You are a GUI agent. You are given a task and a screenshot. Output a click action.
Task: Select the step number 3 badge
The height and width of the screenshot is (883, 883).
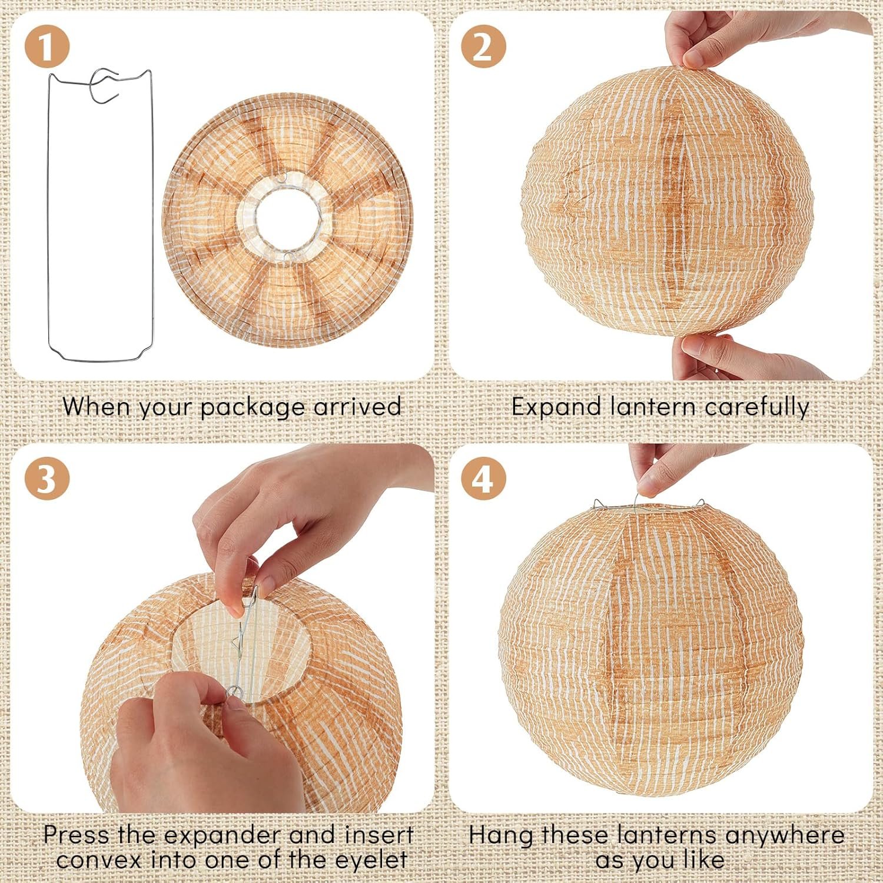pyautogui.click(x=47, y=479)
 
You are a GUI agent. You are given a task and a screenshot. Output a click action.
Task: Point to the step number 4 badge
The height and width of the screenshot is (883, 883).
pyautogui.click(x=483, y=479)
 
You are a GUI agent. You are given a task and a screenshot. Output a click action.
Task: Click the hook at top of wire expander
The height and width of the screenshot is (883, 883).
pyautogui.click(x=104, y=85)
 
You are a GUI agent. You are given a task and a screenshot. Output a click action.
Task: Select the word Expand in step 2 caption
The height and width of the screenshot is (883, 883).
pyautogui.click(x=556, y=407)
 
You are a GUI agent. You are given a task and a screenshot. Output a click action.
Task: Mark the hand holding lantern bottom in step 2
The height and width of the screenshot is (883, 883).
pyautogui.click(x=718, y=356)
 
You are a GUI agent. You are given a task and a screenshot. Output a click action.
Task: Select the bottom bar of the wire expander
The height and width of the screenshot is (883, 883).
pyautogui.click(x=100, y=357)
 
